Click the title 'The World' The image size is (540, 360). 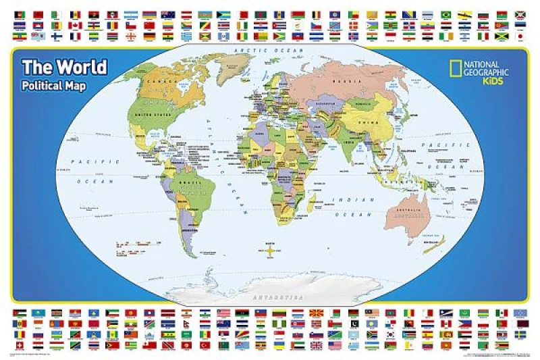click(64, 68)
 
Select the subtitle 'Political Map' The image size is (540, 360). click(55, 86)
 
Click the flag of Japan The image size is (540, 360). click(520, 26)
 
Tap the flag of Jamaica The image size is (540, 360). click(501, 36)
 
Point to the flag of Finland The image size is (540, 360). click(57, 36)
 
